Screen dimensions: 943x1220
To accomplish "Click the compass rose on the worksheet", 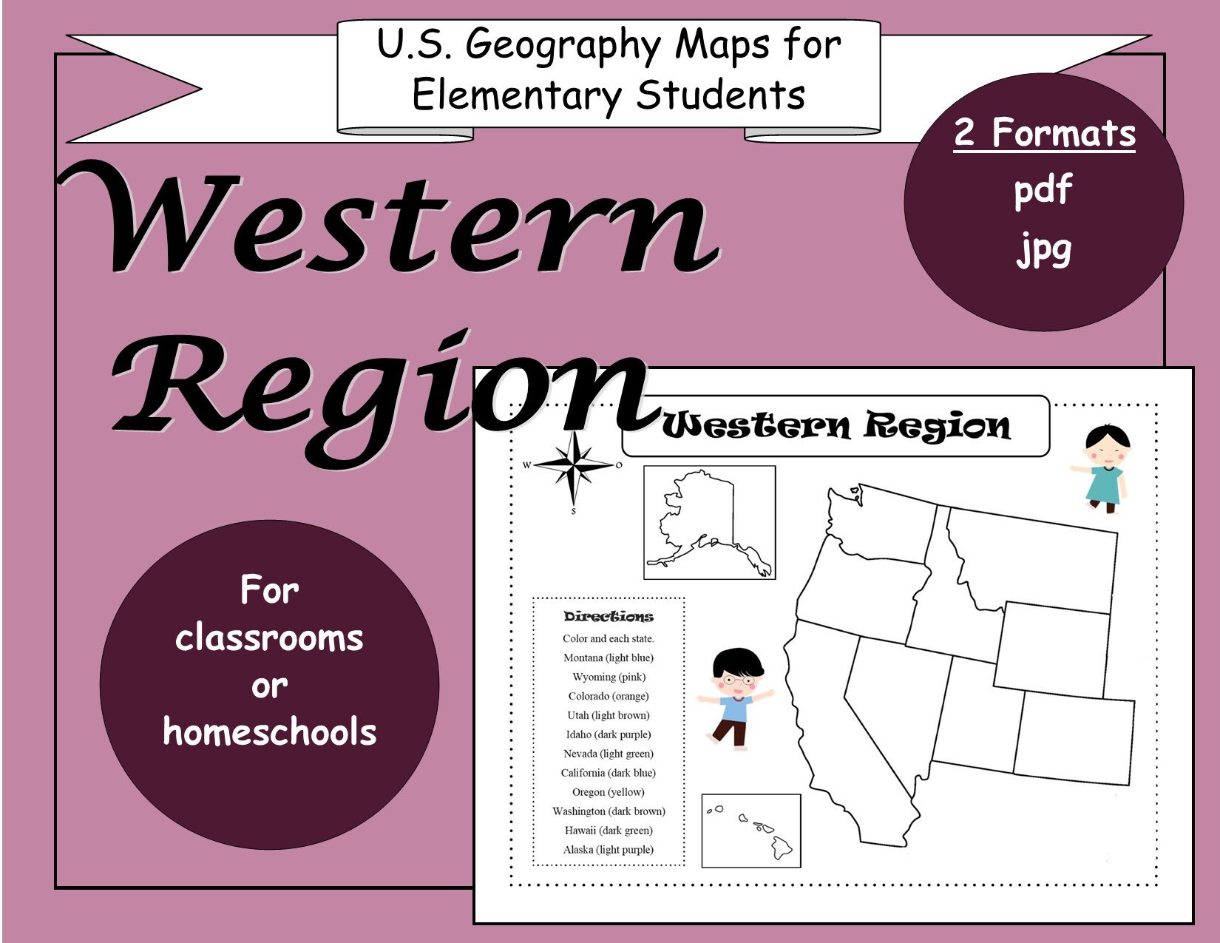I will point(574,466).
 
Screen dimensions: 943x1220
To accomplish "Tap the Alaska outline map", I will point(708,522).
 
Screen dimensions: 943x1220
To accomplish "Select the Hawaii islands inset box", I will point(750,830).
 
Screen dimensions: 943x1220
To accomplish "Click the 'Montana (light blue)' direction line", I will point(608,658).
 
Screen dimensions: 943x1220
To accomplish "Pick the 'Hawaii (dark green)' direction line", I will point(608,831).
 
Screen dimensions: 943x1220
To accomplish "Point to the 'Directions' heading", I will point(608,617).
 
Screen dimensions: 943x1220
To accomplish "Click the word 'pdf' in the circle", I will point(1043,190).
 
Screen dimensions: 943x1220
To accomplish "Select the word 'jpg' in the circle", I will point(1043,249).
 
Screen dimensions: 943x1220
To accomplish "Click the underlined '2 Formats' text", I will point(1044,133).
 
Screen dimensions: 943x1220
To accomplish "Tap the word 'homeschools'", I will point(269,732).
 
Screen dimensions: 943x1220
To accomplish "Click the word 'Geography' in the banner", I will point(562,46).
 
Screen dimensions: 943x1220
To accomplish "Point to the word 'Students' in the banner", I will point(720,96).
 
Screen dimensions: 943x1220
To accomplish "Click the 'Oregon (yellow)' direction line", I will point(608,792).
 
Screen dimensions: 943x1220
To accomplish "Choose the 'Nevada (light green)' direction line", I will point(608,754).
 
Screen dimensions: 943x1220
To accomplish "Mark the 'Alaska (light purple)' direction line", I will point(608,850).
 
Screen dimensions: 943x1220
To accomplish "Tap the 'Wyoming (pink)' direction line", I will point(608,677).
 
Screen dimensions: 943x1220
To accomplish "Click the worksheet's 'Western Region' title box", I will point(836,426).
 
